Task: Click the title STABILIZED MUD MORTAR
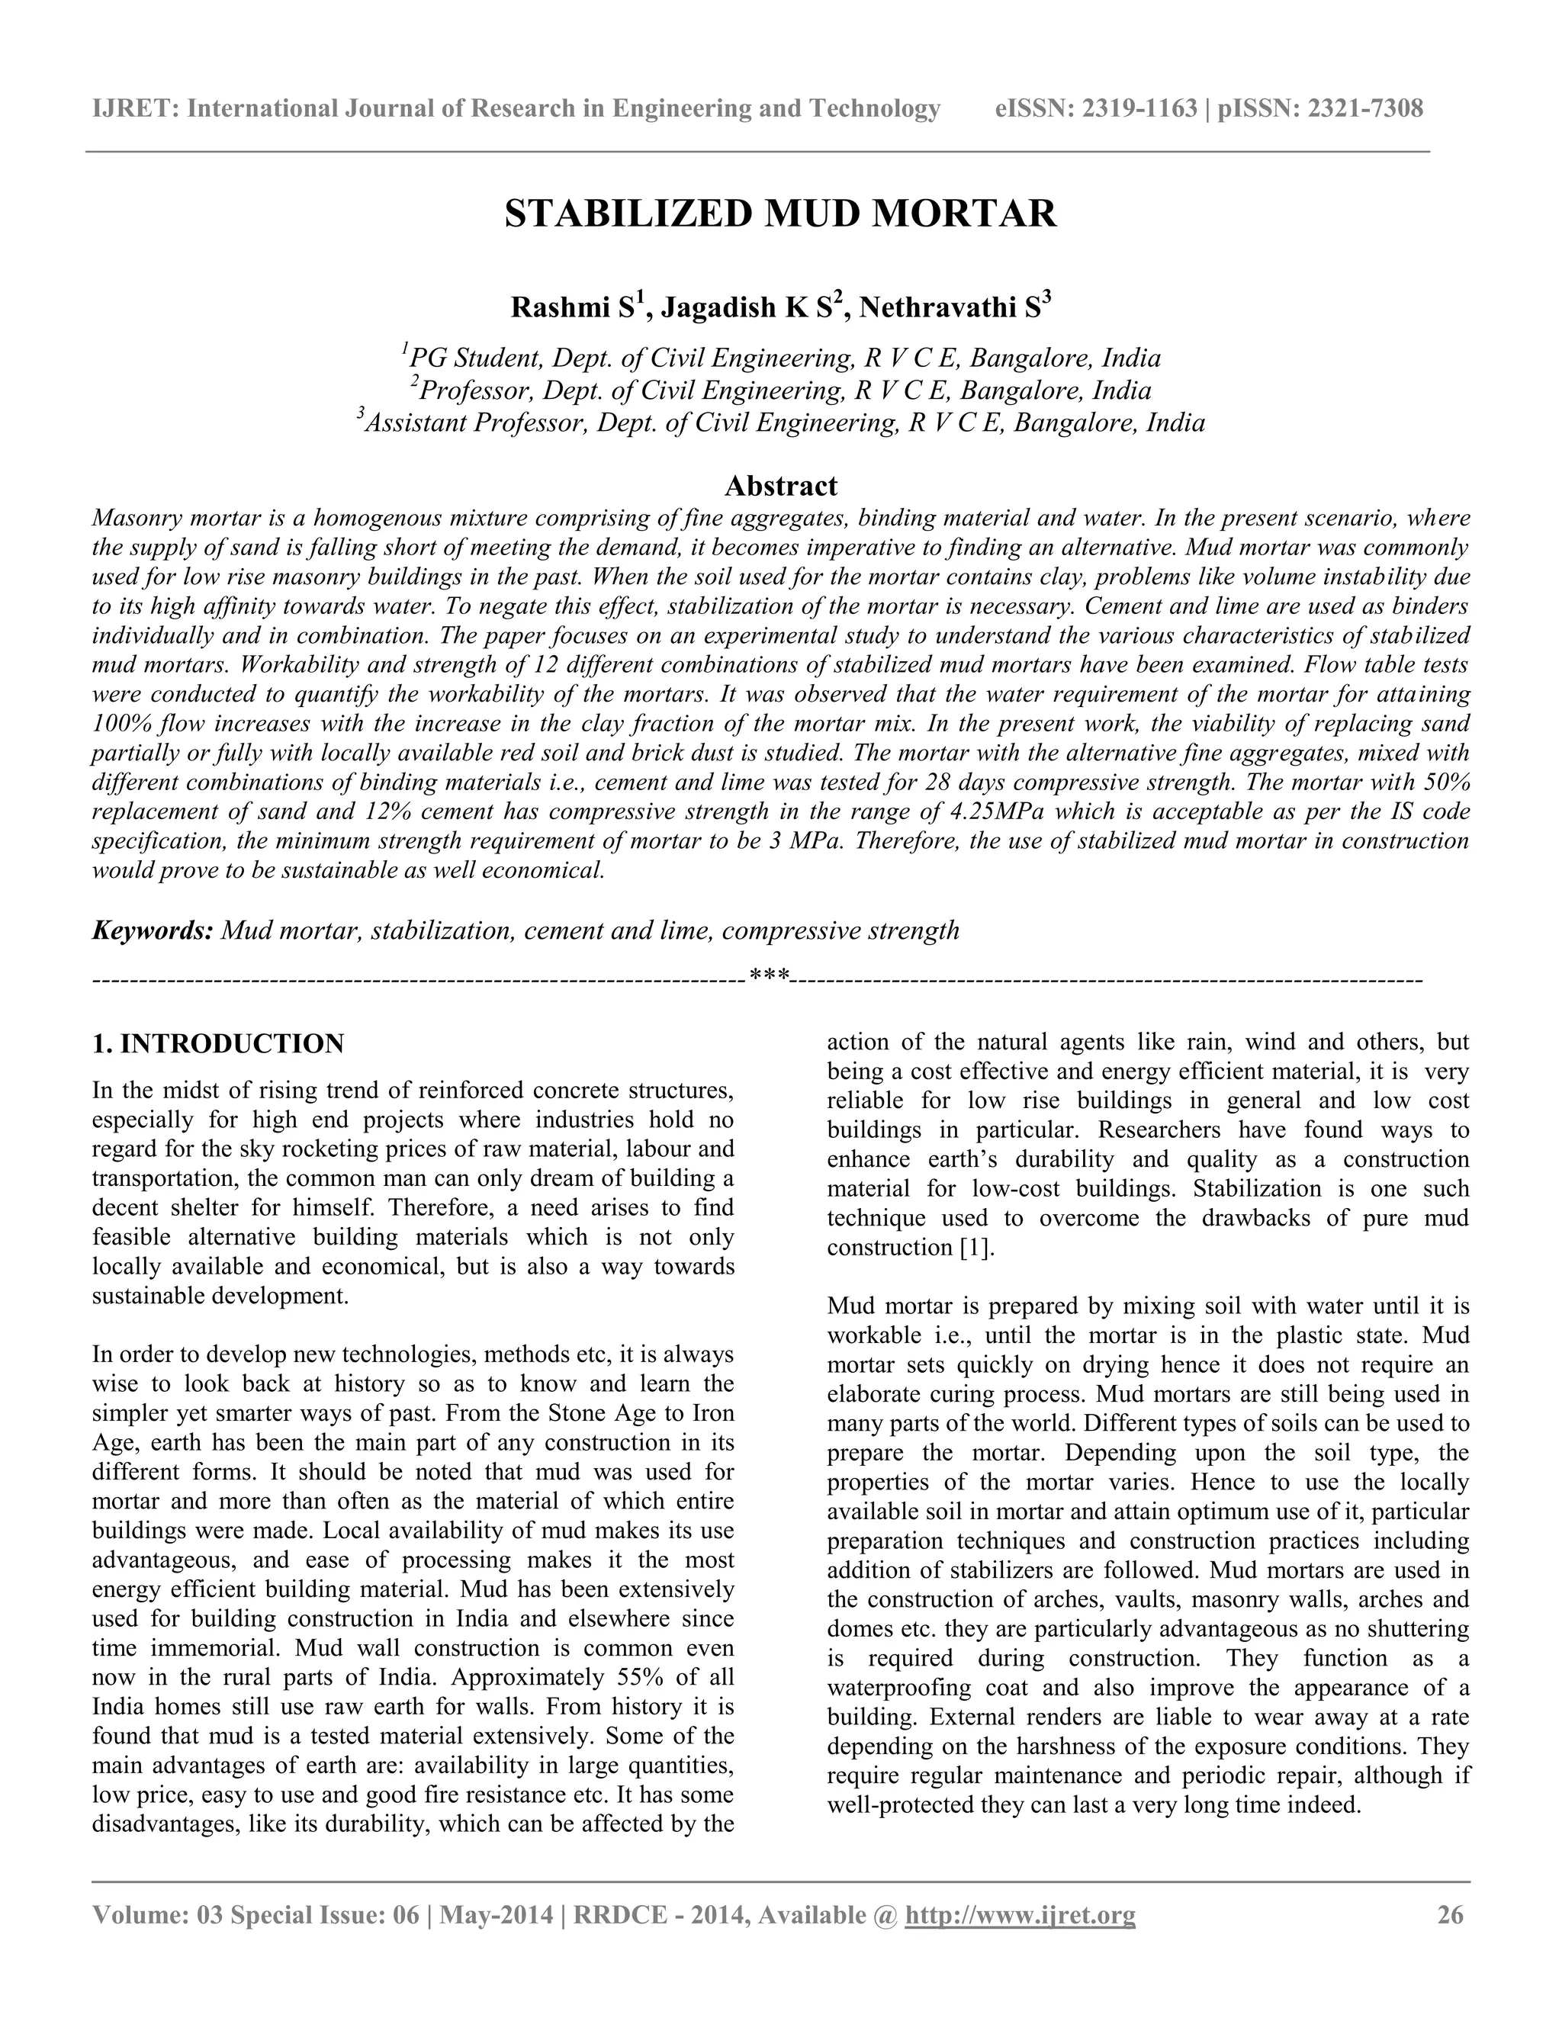pyautogui.click(x=780, y=214)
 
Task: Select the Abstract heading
pyautogui.click(x=780, y=486)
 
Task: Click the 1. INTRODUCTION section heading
pyautogui.click(x=218, y=1044)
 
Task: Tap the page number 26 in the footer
pyautogui.click(x=1450, y=1914)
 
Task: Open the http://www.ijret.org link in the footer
pyautogui.click(x=1020, y=1914)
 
